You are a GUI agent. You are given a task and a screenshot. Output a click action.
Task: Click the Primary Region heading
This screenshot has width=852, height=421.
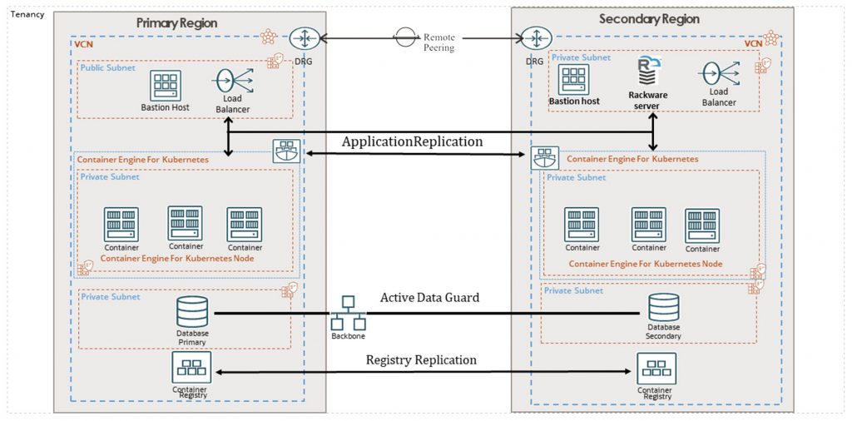176,23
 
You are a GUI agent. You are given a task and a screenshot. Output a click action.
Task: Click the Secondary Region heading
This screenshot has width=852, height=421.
649,19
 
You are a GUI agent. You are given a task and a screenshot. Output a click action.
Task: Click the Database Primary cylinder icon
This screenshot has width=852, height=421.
192,313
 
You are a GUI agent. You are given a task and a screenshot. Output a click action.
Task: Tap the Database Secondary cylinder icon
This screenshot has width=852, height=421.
663,307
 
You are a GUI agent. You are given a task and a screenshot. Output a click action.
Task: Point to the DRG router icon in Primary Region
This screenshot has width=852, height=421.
302,38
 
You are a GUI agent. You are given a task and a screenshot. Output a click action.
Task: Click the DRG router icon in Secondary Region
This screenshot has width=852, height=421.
533,38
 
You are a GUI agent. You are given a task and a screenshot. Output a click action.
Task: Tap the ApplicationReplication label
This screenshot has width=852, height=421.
412,142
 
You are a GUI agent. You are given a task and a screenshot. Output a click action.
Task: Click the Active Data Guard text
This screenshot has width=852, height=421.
429,297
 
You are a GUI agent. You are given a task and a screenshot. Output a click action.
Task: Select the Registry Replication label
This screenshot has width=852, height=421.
421,359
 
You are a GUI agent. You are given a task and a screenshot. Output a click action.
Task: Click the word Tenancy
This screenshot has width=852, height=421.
27,15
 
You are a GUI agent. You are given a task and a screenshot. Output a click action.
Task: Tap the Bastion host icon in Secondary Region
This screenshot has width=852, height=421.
573,80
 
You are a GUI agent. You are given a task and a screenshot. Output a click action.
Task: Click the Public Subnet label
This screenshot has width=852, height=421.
107,67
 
